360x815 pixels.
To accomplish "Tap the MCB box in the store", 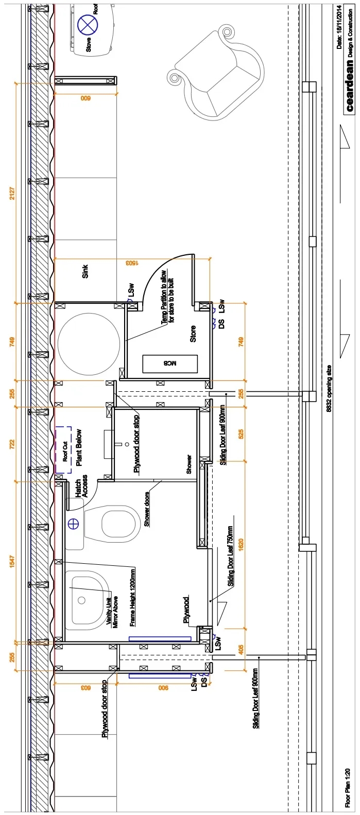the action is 170,363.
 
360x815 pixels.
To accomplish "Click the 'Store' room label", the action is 193,334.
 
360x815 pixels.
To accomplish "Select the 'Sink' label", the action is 85,271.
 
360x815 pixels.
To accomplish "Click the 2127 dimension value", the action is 12,193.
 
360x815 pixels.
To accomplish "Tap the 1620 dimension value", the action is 241,545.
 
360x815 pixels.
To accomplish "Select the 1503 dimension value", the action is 132,263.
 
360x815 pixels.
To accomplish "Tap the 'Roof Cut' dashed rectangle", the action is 63,449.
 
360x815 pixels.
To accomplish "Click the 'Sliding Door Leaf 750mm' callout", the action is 230,556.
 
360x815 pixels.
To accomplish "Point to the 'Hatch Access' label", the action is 81,486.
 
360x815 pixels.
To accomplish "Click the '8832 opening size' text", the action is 329,388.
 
